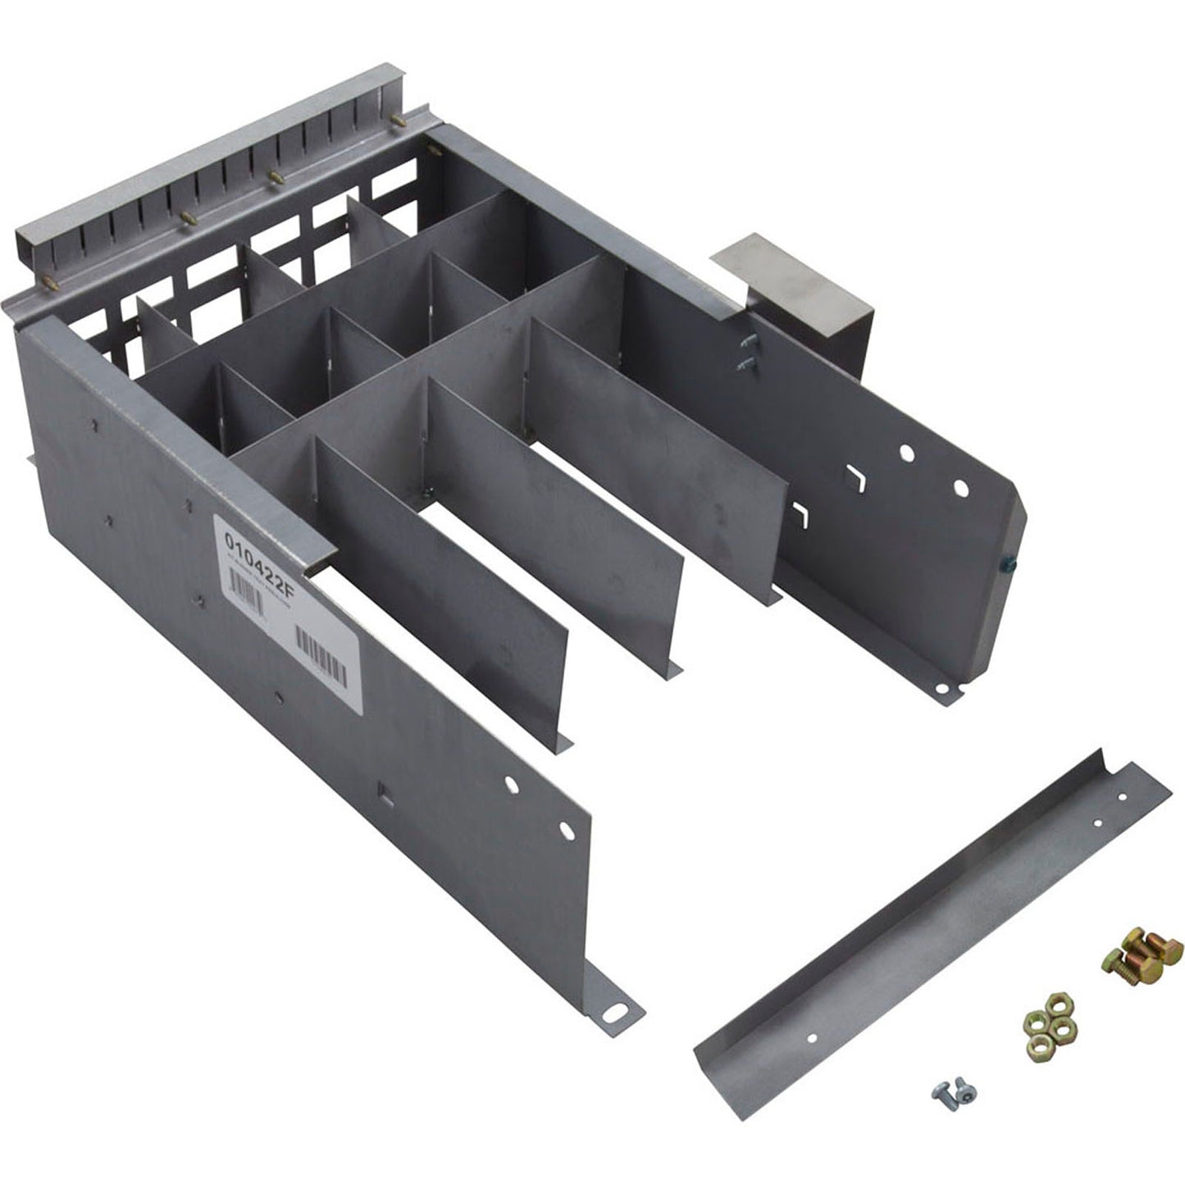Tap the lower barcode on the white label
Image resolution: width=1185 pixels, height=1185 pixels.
(320, 656)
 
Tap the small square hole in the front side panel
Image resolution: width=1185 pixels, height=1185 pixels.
(381, 793)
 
